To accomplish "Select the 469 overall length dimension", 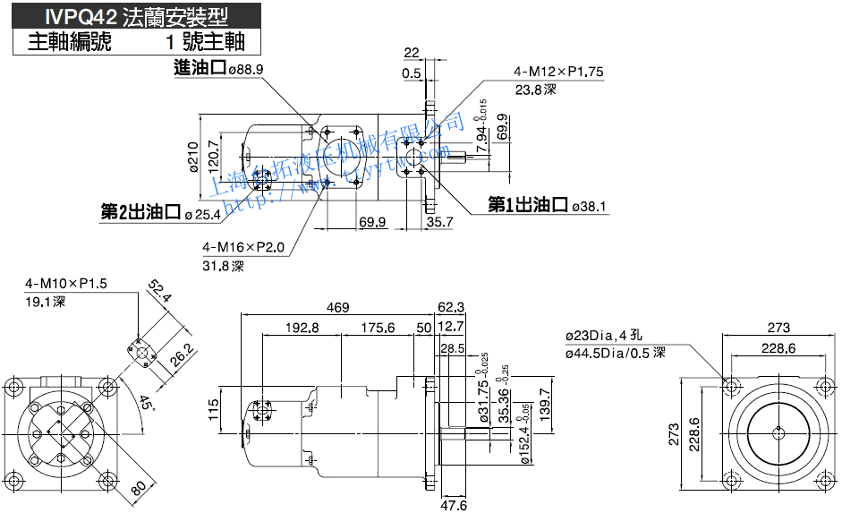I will (x=337, y=308).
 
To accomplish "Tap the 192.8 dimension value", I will (x=302, y=328).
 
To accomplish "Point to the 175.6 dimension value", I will (x=378, y=328).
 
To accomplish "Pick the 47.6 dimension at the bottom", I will (x=454, y=506).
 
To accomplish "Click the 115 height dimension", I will (x=214, y=408).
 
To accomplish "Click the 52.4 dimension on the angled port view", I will (x=161, y=292).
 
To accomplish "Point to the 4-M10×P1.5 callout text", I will (x=65, y=284).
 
